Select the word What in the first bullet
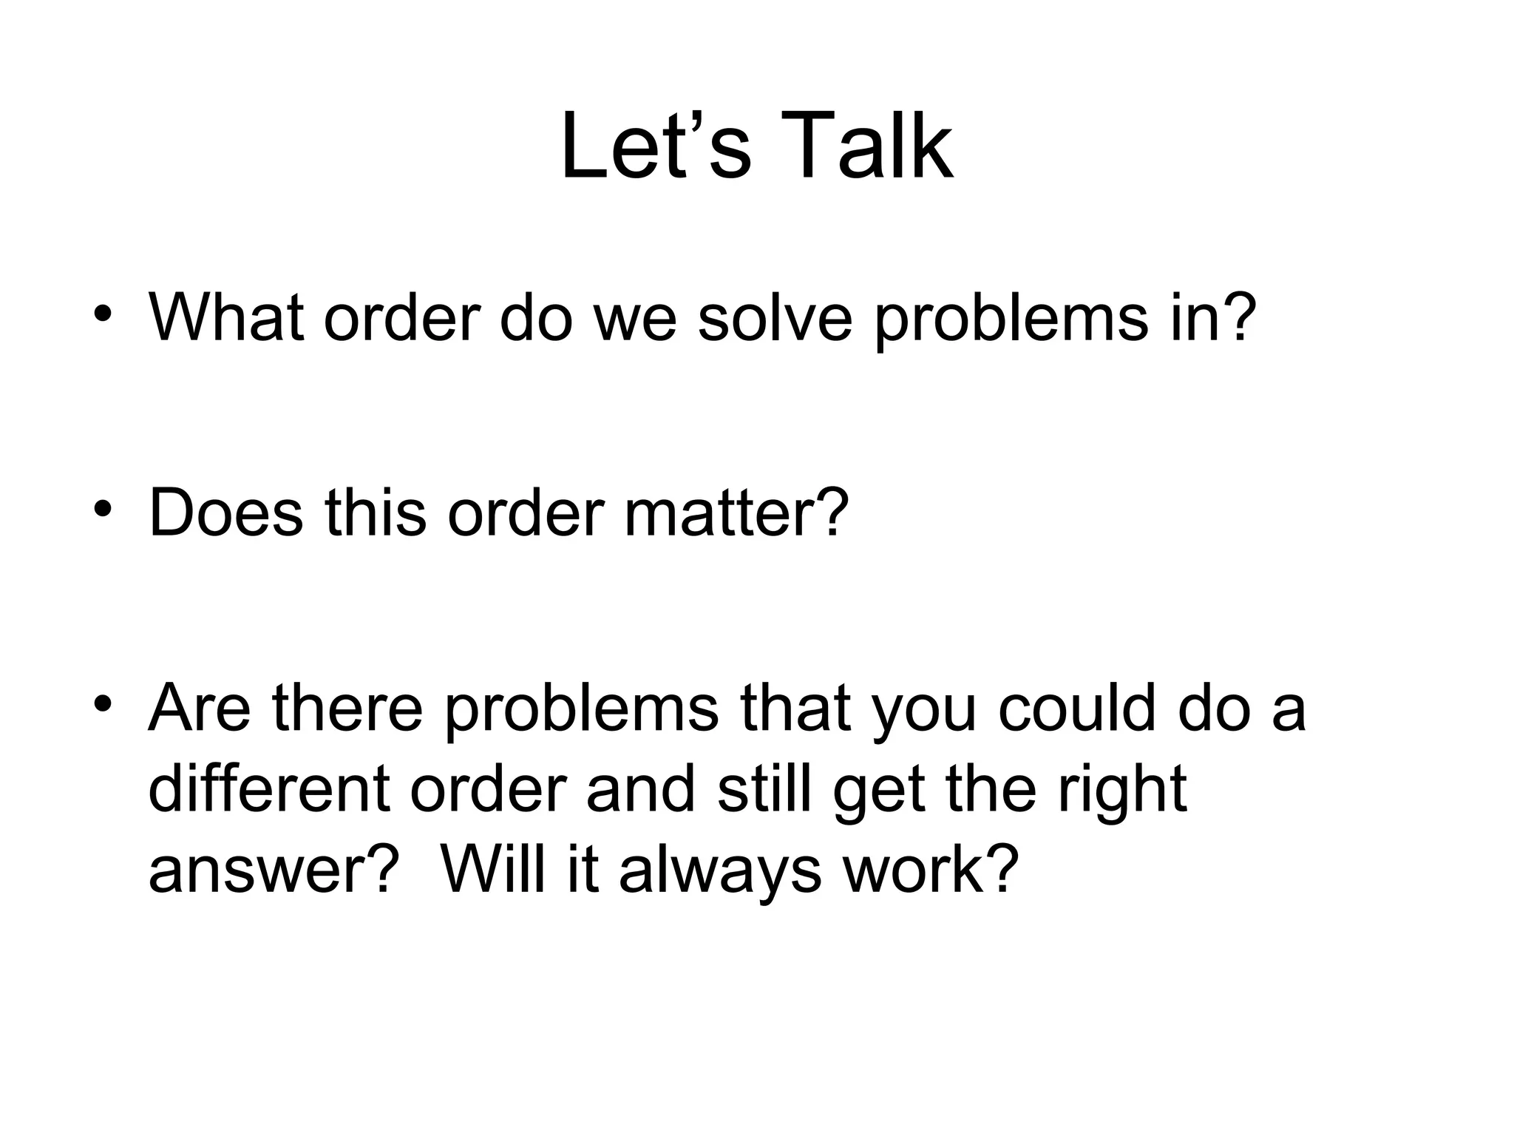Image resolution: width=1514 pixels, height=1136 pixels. coord(226,317)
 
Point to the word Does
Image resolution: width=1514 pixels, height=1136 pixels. coord(226,512)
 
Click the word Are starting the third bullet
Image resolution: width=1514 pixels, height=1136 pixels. coord(200,708)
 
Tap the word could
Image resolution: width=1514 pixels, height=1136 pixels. coord(1076,708)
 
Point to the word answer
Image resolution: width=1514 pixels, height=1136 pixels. coord(262,871)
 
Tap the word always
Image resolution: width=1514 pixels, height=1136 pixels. coord(720,871)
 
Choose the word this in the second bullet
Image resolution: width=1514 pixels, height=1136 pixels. coord(376,512)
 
